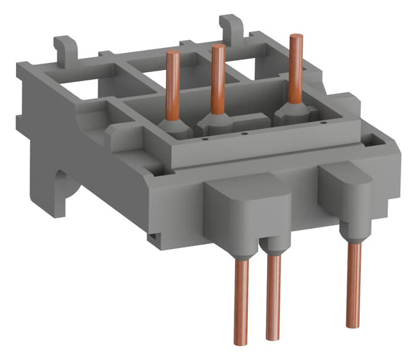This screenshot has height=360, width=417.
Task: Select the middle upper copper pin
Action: tap(218, 77)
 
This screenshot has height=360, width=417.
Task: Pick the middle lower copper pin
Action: tap(273, 296)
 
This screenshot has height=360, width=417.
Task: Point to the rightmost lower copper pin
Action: tap(353, 284)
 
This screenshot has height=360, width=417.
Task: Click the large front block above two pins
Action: tap(246, 210)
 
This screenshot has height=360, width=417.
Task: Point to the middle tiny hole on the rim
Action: tap(244, 133)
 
